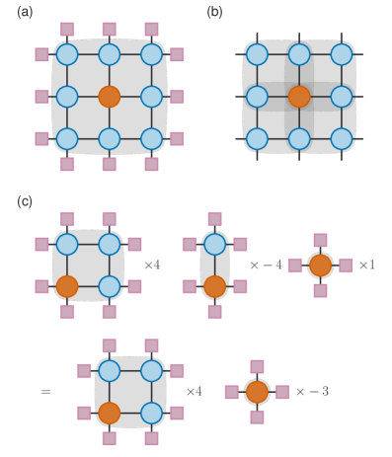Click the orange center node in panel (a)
point(110,97)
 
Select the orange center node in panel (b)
point(299,97)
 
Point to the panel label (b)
point(214,12)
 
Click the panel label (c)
point(25,201)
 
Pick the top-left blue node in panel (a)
point(67,54)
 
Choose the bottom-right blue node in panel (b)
point(342,139)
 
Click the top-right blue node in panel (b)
point(342,54)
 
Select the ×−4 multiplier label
point(266,266)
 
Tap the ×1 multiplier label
point(366,266)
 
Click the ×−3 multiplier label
point(312,392)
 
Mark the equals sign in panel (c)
point(46,392)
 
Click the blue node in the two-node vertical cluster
point(214,244)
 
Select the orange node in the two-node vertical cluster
point(214,286)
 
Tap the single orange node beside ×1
point(320,266)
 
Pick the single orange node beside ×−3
point(257,392)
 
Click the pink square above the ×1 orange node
point(320,240)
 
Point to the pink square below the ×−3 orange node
point(257,418)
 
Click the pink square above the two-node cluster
point(214,218)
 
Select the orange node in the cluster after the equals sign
point(110,413)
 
